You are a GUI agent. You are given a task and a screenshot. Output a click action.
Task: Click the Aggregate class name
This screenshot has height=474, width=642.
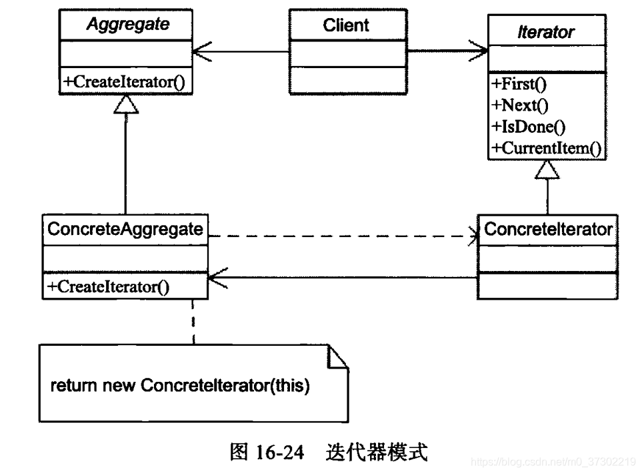pyautogui.click(x=127, y=25)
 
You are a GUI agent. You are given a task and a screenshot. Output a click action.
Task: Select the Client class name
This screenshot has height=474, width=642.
pyautogui.click(x=346, y=25)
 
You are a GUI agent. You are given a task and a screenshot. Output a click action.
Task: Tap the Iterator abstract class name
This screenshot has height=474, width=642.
pyautogui.click(x=546, y=31)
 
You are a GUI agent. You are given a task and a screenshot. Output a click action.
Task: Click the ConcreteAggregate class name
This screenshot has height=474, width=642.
pyautogui.click(x=125, y=230)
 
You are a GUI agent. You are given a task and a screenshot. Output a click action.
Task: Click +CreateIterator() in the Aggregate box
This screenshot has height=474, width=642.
pyautogui.click(x=124, y=82)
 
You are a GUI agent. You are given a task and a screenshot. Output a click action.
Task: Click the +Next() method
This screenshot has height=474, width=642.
pyautogui.click(x=519, y=105)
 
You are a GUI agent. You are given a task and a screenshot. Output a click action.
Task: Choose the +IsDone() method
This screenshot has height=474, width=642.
pyautogui.click(x=524, y=126)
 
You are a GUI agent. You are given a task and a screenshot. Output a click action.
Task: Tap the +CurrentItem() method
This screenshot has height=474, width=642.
pyautogui.click(x=546, y=148)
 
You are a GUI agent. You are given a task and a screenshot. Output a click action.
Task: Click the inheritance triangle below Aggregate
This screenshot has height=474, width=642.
pyautogui.click(x=125, y=103)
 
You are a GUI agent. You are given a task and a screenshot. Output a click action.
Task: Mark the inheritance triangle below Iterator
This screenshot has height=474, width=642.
pyautogui.click(x=547, y=171)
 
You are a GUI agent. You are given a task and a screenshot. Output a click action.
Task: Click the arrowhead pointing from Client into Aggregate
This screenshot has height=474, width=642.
pyautogui.click(x=203, y=51)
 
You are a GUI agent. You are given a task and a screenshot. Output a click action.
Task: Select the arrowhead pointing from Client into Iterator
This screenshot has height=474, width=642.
pyautogui.click(x=479, y=51)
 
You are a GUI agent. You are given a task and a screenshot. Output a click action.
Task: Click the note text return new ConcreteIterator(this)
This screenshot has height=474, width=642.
pyautogui.click(x=180, y=386)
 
